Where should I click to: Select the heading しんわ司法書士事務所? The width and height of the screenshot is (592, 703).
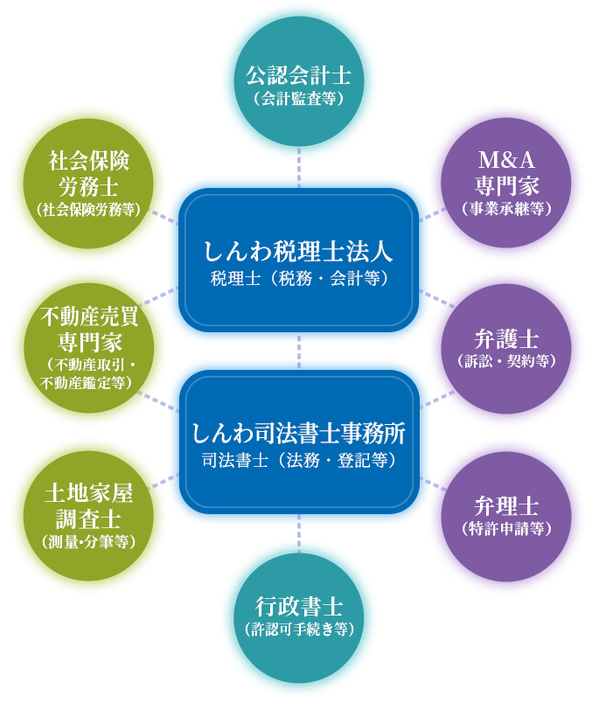click(x=299, y=434)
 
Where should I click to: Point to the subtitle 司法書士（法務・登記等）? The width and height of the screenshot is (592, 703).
click(x=299, y=460)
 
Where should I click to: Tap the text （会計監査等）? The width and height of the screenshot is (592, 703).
click(x=299, y=99)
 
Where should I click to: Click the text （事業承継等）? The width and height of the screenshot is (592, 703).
click(x=507, y=209)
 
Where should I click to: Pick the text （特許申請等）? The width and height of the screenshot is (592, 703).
click(x=507, y=528)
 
